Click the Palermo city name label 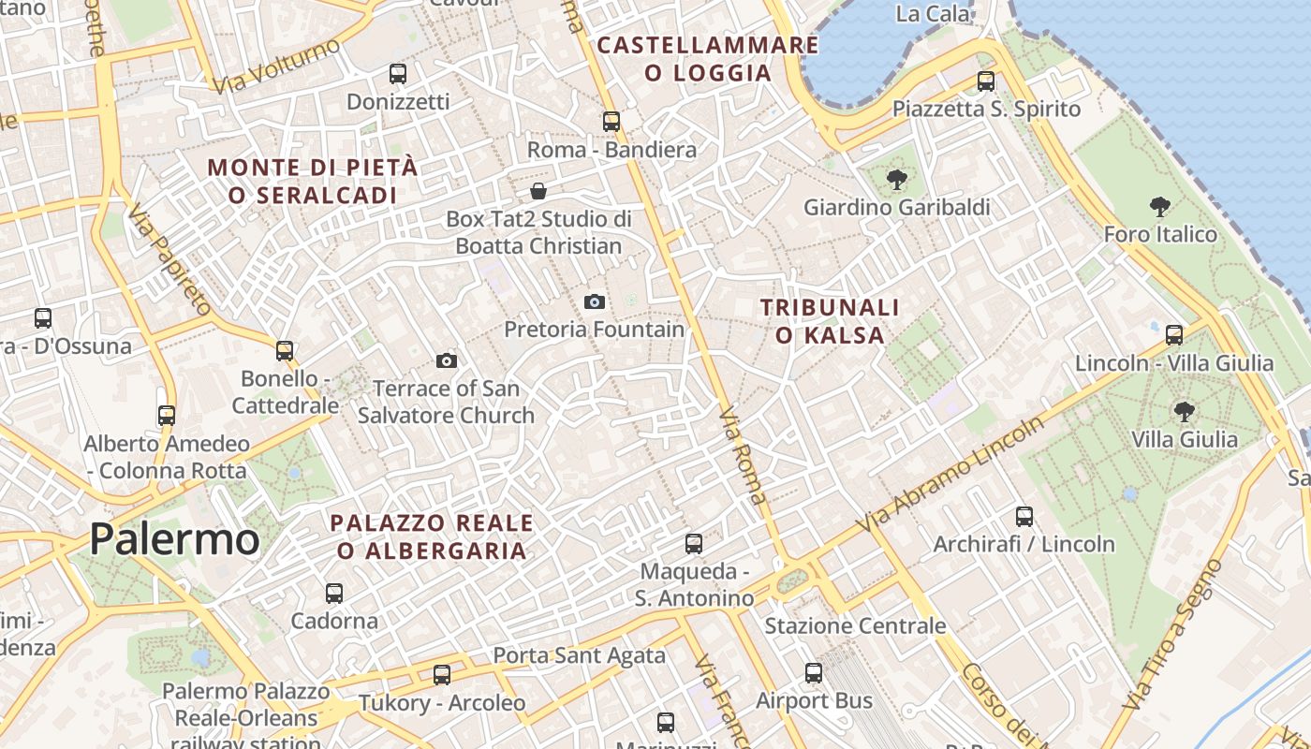[174, 540]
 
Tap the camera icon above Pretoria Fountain [594, 301]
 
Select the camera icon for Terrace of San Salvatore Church [447, 360]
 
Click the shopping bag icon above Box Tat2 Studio [538, 191]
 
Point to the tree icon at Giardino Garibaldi [896, 179]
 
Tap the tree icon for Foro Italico [1159, 207]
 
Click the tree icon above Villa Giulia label [1184, 410]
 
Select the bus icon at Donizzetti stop [398, 73]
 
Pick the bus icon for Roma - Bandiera [611, 121]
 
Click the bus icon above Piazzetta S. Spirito [985, 81]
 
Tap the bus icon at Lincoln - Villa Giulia [1173, 334]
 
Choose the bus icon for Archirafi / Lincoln [1024, 516]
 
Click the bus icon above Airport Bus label [813, 672]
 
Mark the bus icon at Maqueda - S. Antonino [693, 543]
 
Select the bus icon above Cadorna [333, 593]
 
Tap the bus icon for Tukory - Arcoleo [441, 674]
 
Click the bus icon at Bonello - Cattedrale [285, 350]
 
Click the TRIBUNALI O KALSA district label [829, 321]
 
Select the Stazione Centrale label [855, 625]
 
